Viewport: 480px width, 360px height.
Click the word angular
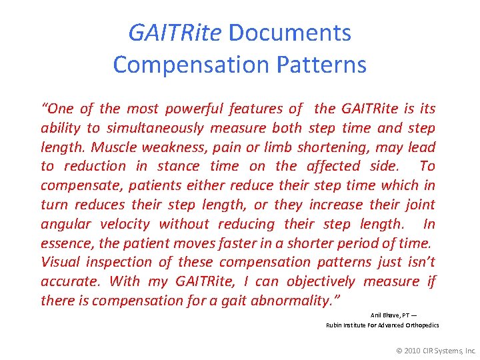click(70, 224)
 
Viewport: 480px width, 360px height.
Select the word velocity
click(127, 224)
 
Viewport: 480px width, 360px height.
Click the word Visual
click(61, 262)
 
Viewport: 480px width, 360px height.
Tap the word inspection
click(126, 262)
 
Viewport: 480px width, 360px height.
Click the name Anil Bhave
click(383, 315)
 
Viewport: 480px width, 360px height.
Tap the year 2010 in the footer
click(413, 349)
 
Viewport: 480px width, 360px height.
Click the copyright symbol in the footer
click(399, 349)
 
